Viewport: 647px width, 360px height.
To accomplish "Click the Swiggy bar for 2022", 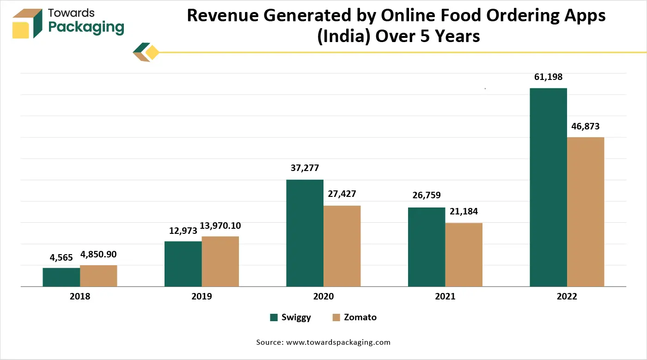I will click(548, 187).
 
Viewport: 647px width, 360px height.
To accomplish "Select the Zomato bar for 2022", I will click(586, 212).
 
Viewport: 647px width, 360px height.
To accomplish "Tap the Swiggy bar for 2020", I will click(305, 233).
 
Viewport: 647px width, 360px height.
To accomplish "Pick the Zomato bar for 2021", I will click(464, 255).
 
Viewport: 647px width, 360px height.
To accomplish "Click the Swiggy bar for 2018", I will click(61, 277).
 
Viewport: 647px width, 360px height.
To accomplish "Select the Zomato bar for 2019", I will click(220, 262).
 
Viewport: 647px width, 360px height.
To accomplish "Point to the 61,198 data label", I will click(548, 77).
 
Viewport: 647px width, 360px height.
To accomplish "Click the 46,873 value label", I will click(586, 126).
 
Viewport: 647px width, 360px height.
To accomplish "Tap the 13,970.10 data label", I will click(220, 226).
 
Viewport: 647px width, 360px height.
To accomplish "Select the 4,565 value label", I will click(61, 257).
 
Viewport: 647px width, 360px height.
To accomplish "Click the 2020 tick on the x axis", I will click(323, 297).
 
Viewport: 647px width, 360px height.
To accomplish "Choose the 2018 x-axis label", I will click(80, 297).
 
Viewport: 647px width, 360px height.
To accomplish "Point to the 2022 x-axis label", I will click(567, 297).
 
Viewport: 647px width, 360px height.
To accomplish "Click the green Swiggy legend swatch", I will click(274, 317).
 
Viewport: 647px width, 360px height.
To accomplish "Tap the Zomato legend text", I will click(360, 317).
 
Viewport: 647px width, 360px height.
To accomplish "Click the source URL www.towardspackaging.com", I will click(338, 342).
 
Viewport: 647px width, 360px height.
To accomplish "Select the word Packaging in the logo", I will click(86, 27).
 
